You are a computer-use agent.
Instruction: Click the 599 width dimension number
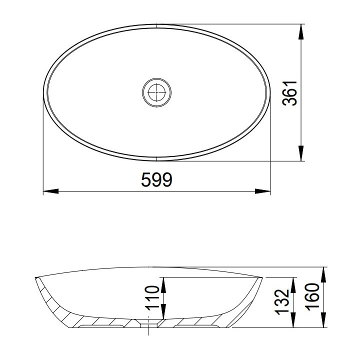[156, 179]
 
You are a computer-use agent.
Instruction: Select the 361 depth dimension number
[289, 93]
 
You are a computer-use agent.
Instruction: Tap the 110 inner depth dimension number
[152, 298]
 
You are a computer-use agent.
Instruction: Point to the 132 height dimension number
[282, 302]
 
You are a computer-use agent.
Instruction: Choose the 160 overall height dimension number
[312, 297]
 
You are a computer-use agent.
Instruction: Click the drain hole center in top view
[157, 92]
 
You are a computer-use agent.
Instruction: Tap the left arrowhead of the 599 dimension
[51, 191]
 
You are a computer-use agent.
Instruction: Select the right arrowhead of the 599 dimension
[262, 191]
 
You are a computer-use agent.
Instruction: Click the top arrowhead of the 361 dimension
[301, 31]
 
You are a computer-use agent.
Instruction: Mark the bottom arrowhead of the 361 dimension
[301, 153]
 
